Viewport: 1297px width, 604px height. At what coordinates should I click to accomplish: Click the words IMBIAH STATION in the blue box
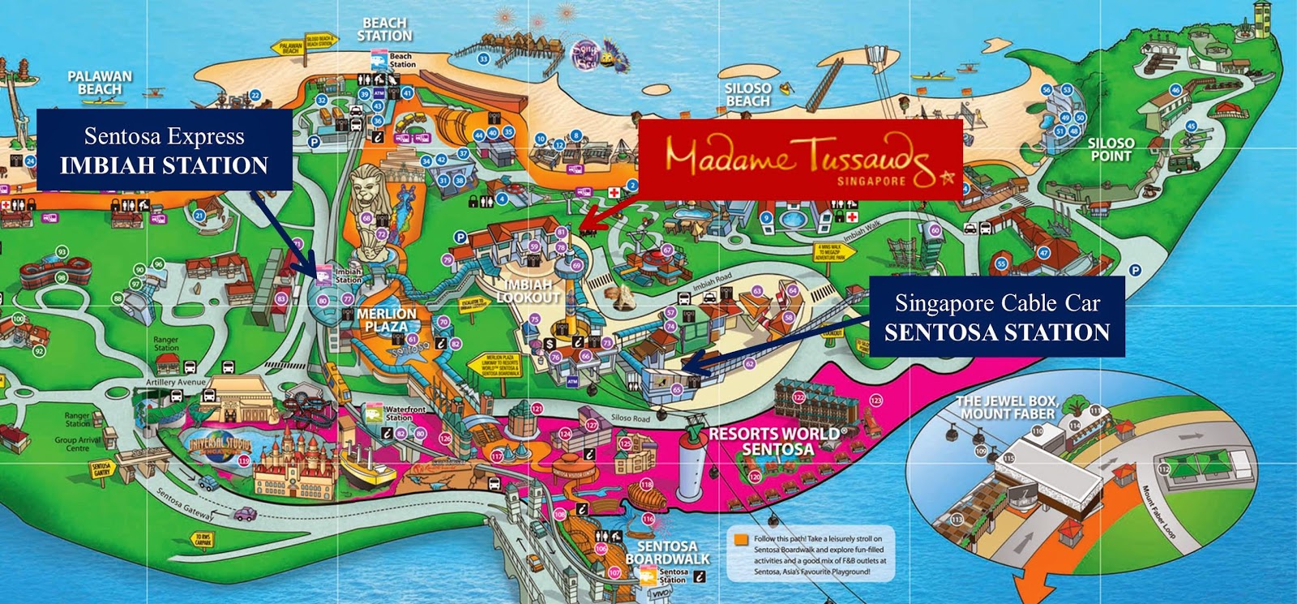pos(164,165)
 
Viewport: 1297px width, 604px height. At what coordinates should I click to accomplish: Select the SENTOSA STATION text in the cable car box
pos(996,332)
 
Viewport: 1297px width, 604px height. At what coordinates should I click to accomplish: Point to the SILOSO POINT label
pos(1111,148)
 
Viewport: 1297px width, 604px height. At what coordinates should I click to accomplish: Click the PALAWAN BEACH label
pos(100,82)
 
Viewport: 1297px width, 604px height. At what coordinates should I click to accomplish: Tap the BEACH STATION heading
pos(384,30)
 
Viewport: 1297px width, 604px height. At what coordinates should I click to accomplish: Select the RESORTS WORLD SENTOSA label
pos(774,441)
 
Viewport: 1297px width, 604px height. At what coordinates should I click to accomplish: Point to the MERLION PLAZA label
pos(387,319)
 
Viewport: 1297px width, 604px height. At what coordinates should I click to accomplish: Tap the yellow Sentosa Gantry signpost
pos(102,469)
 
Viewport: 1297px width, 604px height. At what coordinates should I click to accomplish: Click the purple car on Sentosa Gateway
pos(244,513)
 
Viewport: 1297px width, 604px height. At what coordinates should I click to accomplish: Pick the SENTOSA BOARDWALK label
pos(667,553)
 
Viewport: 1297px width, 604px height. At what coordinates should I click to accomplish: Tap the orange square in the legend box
pos(740,539)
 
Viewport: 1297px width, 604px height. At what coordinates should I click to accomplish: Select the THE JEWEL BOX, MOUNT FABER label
pos(1008,407)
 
